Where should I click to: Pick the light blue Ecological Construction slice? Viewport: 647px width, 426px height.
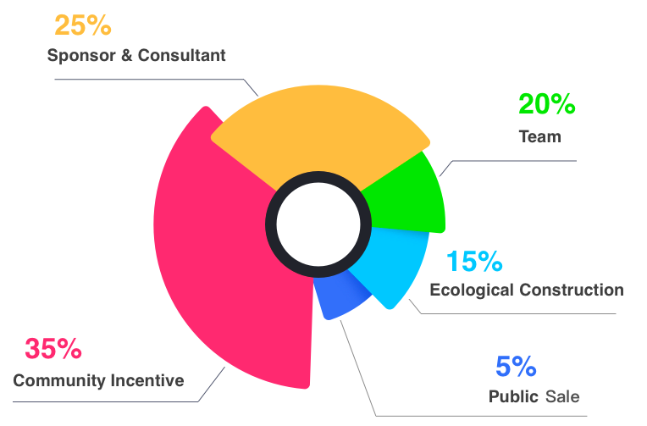pos(390,263)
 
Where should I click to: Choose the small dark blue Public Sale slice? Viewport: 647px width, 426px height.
pos(339,296)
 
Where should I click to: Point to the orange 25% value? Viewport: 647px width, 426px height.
pos(83,25)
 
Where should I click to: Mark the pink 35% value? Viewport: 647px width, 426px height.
pos(53,348)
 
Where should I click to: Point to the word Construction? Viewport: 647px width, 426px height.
pos(572,290)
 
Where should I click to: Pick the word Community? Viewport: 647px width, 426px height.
pos(58,380)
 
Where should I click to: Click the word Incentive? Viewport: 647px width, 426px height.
pos(147,380)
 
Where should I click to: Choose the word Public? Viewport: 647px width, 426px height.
pos(513,396)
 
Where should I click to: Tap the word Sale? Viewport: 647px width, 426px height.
pos(563,396)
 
